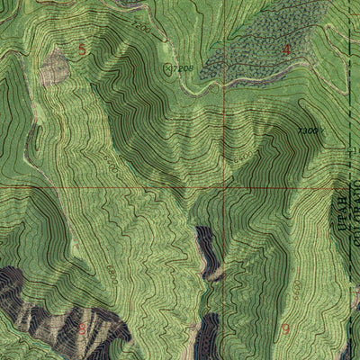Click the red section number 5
[x=83, y=49]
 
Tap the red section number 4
[x=287, y=51]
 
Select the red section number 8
[x=82, y=328]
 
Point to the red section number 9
[x=286, y=329]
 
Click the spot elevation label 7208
[x=185, y=67]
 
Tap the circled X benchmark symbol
[x=167, y=67]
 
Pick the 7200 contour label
[x=141, y=29]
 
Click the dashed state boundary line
[x=349, y=108]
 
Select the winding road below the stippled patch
[x=216, y=86]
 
